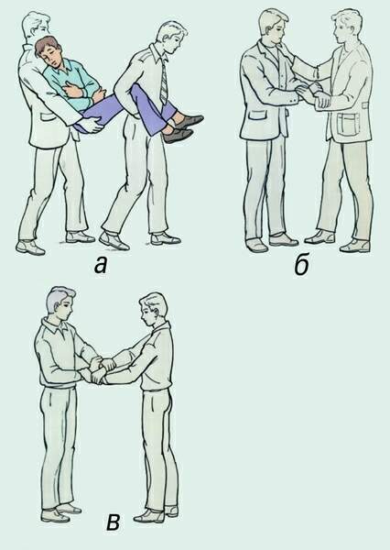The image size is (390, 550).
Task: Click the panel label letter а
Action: click(x=101, y=265)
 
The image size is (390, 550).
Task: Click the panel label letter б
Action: click(x=301, y=266)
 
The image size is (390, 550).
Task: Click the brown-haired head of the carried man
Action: click(x=48, y=51)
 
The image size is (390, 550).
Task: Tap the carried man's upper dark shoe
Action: click(x=189, y=121)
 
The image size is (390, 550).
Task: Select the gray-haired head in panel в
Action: click(x=60, y=302)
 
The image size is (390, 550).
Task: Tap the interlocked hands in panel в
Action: click(x=101, y=370)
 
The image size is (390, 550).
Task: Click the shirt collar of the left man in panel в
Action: click(x=58, y=327)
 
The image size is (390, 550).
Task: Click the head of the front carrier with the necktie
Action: click(x=171, y=36)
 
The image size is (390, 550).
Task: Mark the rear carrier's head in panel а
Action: click(x=36, y=26)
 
